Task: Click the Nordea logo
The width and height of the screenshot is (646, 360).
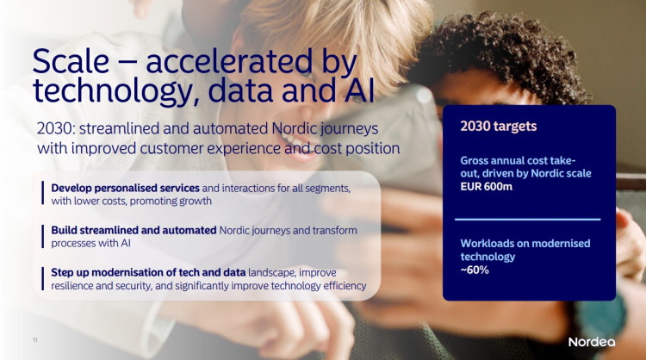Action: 592,342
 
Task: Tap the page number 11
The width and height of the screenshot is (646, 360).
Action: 35,340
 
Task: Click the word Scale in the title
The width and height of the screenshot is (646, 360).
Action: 71,61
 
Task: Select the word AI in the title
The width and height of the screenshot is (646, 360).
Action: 359,90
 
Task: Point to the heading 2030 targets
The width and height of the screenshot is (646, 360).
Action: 499,126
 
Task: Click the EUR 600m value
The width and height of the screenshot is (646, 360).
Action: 486,187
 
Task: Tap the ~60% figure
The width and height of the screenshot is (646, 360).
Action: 475,270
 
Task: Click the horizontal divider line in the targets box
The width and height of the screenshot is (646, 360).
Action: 528,220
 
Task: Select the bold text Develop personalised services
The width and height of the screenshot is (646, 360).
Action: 125,189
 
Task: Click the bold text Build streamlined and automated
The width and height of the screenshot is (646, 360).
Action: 134,230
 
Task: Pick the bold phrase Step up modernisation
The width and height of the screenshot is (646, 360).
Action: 109,272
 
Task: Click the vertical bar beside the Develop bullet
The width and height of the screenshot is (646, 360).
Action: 42,193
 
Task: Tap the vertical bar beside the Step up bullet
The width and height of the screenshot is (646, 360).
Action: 42,278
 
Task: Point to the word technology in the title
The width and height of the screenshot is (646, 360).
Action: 112,91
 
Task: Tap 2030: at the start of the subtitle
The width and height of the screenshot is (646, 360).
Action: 56,128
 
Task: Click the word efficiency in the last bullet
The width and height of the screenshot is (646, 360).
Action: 345,285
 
